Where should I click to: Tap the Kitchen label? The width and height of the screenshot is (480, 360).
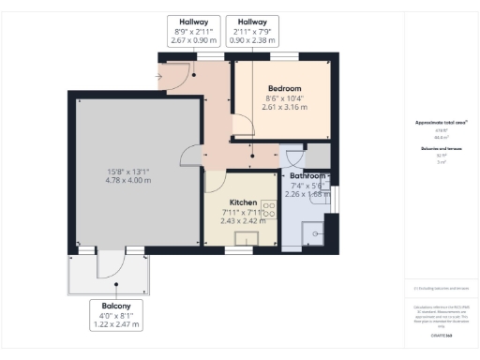(243, 202)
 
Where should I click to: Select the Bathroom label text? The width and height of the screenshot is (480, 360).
(307, 175)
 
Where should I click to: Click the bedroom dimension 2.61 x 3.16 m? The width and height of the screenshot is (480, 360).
(284, 107)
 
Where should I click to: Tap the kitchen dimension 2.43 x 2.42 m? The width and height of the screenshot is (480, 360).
(243, 222)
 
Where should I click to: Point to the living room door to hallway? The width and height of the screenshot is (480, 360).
(191, 156)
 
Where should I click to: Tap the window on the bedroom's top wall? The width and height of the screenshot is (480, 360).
(284, 57)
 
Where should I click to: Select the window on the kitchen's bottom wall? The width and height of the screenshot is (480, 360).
(239, 250)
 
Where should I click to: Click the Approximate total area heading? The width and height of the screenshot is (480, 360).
(441, 123)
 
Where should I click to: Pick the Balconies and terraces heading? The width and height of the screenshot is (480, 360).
(441, 148)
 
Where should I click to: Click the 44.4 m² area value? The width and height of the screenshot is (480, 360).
(441, 136)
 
